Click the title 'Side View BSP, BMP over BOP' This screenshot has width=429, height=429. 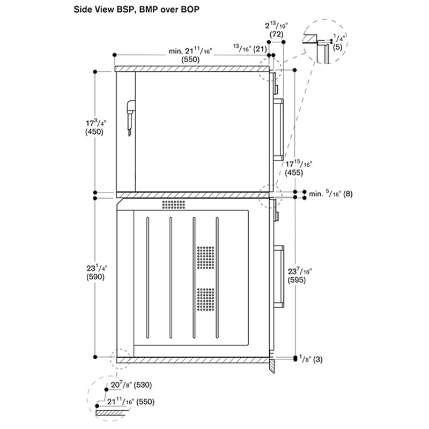(x=136, y=10)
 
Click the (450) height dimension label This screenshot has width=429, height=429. (x=94, y=132)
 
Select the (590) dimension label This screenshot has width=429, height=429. (x=95, y=277)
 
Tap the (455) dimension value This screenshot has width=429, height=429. (x=294, y=173)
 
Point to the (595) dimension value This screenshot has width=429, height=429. (x=297, y=280)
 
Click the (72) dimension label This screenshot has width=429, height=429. (x=276, y=34)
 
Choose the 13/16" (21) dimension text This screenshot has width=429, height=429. (x=250, y=49)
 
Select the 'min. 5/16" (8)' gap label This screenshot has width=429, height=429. (x=330, y=194)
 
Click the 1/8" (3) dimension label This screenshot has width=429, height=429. (x=311, y=359)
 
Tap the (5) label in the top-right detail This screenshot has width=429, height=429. (x=338, y=47)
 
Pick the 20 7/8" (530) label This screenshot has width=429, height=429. (x=131, y=384)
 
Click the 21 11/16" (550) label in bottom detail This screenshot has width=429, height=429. (x=130, y=401)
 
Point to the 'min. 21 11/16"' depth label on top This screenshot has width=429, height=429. (x=190, y=51)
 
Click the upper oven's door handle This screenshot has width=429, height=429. (x=278, y=129)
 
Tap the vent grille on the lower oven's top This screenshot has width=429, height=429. (x=173, y=204)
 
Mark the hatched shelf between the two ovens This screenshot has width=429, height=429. (x=193, y=195)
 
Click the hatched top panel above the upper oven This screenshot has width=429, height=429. (x=192, y=69)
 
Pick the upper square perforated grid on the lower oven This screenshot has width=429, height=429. (x=206, y=257)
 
